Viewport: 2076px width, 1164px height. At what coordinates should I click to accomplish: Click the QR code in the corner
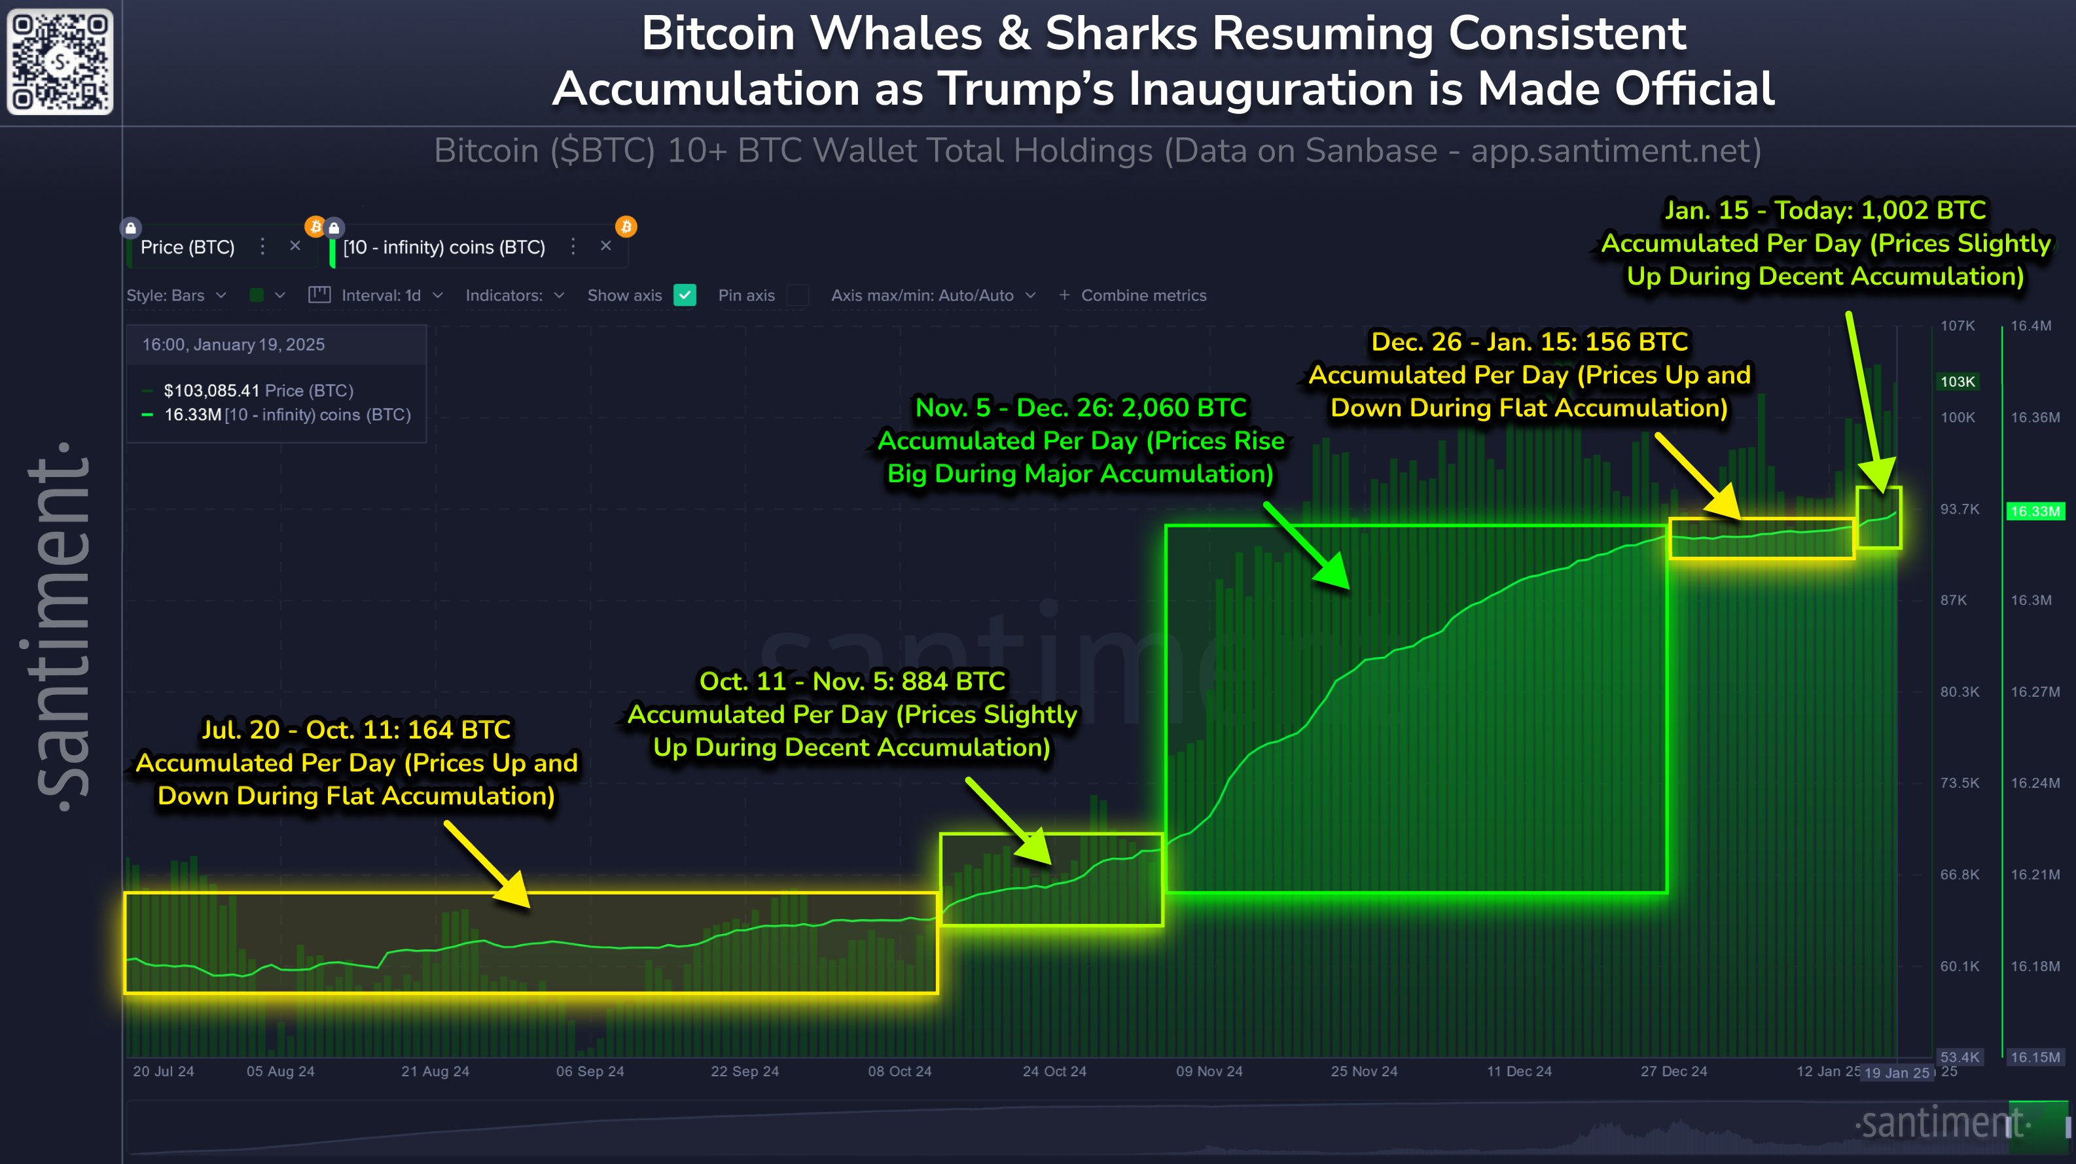(60, 62)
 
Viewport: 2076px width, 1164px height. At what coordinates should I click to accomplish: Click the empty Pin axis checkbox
(796, 296)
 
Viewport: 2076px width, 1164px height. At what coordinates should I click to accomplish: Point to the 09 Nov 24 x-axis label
(1209, 1071)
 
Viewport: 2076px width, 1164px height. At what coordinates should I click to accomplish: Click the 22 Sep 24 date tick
(745, 1071)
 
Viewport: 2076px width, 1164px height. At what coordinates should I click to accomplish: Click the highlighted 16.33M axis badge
(2035, 512)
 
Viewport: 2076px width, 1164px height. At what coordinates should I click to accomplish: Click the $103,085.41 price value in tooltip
(211, 391)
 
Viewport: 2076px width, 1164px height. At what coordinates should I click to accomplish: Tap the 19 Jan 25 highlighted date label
(1897, 1073)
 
